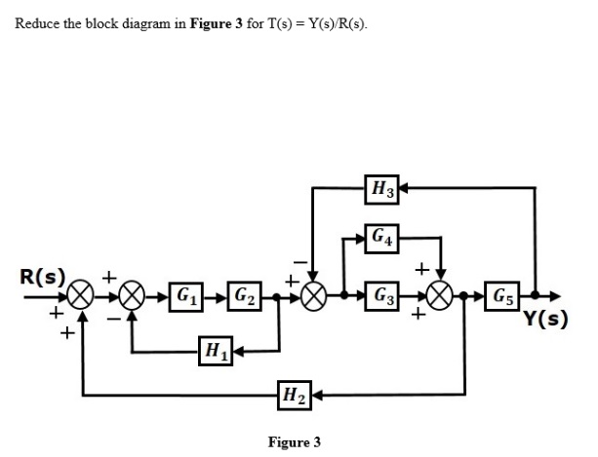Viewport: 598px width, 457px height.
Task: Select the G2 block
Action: pyautogui.click(x=244, y=293)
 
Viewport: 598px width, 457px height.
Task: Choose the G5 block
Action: pyautogui.click(x=505, y=293)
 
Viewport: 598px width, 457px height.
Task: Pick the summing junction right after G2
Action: pyautogui.click(x=314, y=293)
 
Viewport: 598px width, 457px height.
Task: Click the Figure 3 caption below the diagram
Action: pyautogui.click(x=294, y=441)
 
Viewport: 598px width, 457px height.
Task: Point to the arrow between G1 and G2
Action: pyautogui.click(x=215, y=293)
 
